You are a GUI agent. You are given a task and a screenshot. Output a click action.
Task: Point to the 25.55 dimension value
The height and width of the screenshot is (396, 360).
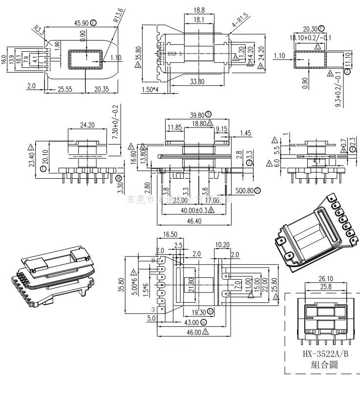coord(65,89)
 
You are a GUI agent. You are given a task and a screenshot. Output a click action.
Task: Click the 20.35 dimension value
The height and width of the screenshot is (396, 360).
coord(102,89)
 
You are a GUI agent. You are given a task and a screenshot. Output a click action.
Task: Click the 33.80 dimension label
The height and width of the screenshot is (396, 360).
coord(197,82)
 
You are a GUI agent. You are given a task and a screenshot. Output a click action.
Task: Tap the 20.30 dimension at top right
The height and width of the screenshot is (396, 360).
coord(310,29)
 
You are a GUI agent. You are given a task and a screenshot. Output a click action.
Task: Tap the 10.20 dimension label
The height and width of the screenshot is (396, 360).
coord(222,244)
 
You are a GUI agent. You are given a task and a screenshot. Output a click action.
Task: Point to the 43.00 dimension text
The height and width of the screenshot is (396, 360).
coord(191,322)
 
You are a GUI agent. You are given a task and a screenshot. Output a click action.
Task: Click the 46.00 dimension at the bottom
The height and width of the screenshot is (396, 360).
coord(191,332)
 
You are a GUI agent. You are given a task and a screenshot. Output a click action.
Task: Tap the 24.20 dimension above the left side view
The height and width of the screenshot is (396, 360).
coord(87,125)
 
